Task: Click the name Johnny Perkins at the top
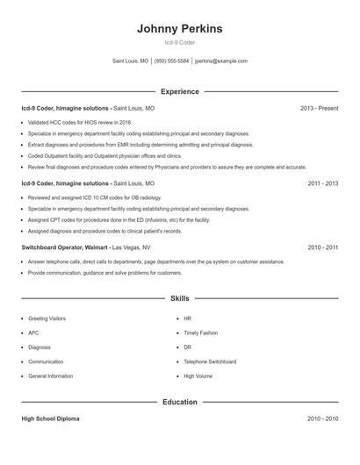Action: point(179,29)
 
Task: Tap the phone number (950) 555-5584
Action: point(171,61)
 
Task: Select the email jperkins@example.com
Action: point(221,61)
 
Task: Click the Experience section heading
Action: point(179,91)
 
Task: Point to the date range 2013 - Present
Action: point(319,108)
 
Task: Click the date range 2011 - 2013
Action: point(322,184)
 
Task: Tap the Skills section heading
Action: point(179,298)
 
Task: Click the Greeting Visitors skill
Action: point(47,318)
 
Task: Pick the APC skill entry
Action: point(33,333)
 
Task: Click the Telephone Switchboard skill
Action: point(210,361)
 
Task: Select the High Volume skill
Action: point(198,376)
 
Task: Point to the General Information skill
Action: point(50,376)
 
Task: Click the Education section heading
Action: point(179,402)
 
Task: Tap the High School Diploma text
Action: point(50,418)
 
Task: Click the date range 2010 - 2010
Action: point(322,418)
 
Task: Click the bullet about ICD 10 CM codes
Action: point(89,198)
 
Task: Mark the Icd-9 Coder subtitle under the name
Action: point(179,43)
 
